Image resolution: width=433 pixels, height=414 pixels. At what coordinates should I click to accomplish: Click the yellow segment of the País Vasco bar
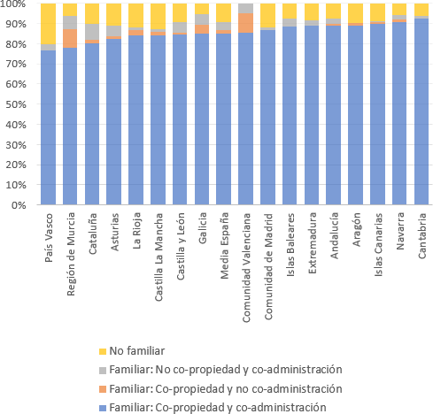click(x=48, y=24)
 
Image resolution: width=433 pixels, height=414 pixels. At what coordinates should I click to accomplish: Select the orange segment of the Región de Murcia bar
click(x=70, y=38)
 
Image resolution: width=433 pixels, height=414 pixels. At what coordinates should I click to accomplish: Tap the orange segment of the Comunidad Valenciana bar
click(x=246, y=23)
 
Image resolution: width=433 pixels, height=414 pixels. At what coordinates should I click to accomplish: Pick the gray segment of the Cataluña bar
click(x=92, y=32)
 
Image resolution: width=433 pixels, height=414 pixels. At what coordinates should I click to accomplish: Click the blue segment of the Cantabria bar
click(x=421, y=111)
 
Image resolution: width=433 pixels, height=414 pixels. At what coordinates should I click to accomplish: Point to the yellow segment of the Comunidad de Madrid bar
click(x=267, y=16)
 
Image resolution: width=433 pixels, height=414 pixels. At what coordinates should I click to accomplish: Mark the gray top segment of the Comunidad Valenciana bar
click(x=246, y=8)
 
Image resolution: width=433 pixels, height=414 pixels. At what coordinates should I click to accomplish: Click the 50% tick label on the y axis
click(x=16, y=104)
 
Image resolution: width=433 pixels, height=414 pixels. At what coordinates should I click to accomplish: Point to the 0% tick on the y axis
click(x=19, y=205)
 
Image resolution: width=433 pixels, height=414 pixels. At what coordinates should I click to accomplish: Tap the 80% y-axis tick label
click(x=16, y=44)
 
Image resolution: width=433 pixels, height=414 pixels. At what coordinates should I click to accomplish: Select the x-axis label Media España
click(x=224, y=245)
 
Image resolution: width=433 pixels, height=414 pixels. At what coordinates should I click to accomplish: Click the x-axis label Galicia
click(x=203, y=228)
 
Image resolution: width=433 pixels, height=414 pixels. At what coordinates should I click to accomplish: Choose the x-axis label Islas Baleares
click(x=290, y=244)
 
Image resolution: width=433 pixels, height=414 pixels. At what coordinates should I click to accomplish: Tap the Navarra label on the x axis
click(x=400, y=231)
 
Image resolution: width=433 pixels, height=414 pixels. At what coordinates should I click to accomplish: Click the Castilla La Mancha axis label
click(x=159, y=257)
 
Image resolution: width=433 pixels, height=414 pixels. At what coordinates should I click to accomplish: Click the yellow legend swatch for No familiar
click(x=103, y=351)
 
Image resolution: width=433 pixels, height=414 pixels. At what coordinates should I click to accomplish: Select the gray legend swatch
click(x=103, y=371)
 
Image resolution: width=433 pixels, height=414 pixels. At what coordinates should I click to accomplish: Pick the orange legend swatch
click(x=103, y=389)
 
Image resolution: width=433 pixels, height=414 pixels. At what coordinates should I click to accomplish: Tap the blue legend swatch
click(x=103, y=408)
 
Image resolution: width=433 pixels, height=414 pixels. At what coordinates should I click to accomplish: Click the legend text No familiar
click(x=137, y=351)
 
